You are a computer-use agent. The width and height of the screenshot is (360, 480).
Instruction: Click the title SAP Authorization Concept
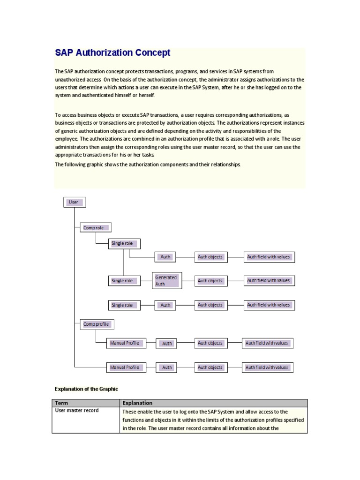point(112,53)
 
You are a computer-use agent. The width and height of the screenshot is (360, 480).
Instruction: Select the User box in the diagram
point(75,202)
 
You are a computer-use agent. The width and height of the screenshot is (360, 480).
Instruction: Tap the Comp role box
point(95,228)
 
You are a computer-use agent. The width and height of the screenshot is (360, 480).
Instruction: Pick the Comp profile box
point(97,324)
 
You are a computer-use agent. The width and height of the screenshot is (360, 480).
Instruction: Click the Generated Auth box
point(166,280)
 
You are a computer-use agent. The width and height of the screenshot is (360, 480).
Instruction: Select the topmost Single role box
point(124,243)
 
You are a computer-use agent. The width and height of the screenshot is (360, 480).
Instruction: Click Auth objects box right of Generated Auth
point(211,281)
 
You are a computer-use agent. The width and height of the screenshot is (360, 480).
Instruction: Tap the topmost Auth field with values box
point(269,257)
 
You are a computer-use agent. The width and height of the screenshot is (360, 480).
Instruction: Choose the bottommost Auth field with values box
point(268,367)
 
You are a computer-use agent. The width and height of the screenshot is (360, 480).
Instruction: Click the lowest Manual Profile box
point(126,367)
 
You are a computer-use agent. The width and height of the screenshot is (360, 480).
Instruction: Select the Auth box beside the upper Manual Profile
point(167,344)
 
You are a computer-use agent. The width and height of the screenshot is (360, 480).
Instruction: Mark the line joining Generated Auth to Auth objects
point(188,281)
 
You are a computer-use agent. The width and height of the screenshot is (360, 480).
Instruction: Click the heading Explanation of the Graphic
point(86,389)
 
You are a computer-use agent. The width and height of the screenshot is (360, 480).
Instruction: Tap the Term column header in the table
point(62,403)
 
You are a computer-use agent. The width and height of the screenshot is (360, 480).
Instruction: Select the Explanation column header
point(137,403)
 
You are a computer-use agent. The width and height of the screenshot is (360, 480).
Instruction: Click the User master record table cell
point(77,411)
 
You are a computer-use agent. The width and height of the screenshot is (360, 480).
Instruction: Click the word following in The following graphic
point(75,164)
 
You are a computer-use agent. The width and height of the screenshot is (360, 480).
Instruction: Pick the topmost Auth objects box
point(211,257)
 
